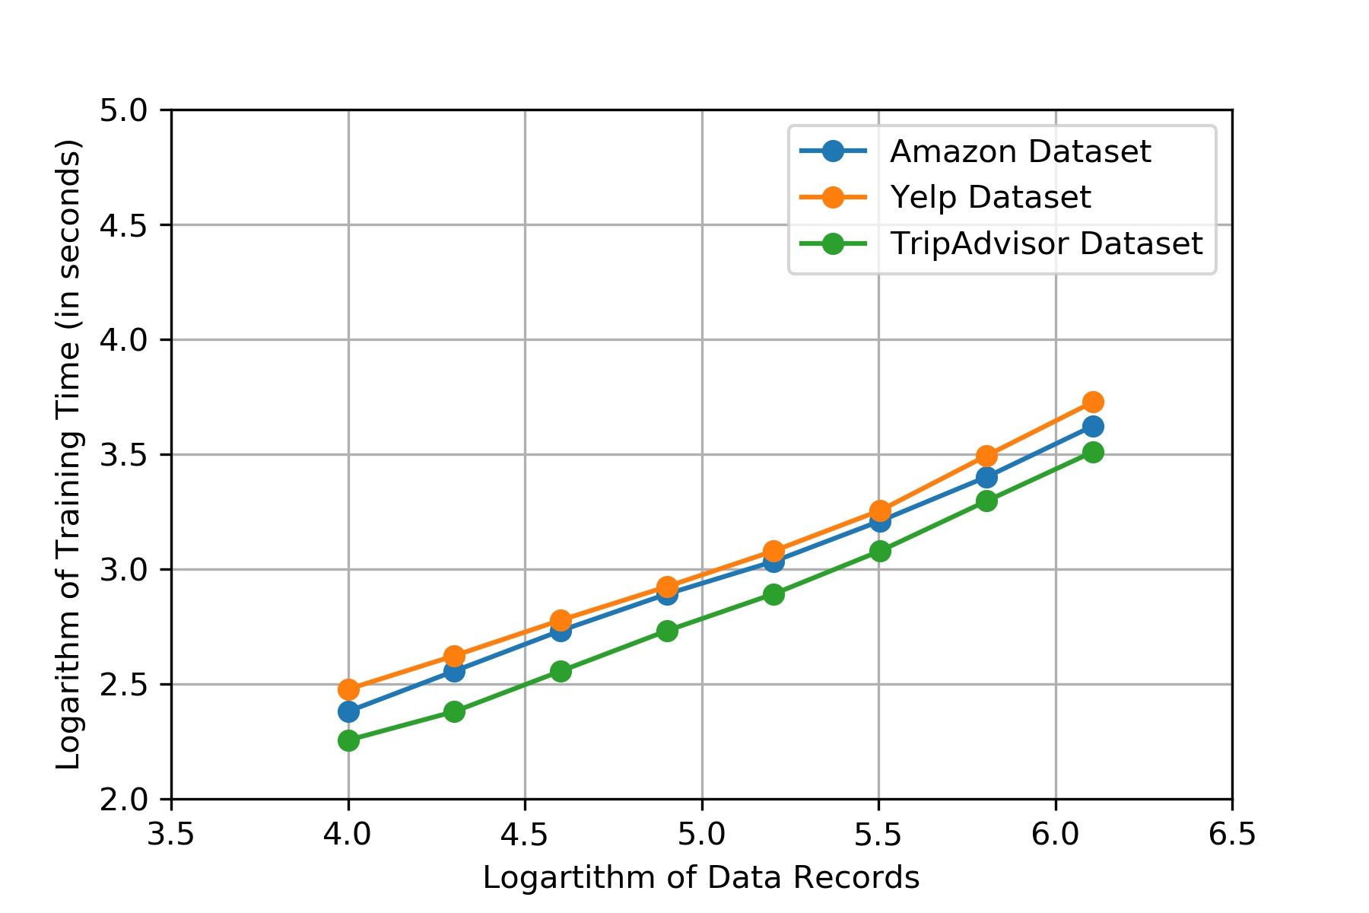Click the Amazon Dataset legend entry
pos(1020,151)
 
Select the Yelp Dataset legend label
pos(990,197)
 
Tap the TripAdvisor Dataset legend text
pos(1047,243)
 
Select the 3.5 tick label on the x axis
pos(171,835)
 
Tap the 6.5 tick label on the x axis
pos(1232,835)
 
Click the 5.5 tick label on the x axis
pos(878,835)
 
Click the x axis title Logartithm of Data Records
pos(700,878)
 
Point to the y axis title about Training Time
pos(68,454)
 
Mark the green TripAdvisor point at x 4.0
pos(348,740)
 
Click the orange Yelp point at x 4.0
pos(348,689)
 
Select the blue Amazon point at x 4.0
pos(348,712)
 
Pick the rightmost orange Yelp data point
pos(1093,402)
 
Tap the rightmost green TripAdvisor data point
pos(1093,452)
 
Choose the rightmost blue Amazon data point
pos(1093,426)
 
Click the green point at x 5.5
pos(879,551)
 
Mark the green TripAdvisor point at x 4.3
pos(454,711)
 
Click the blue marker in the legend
pos(833,151)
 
